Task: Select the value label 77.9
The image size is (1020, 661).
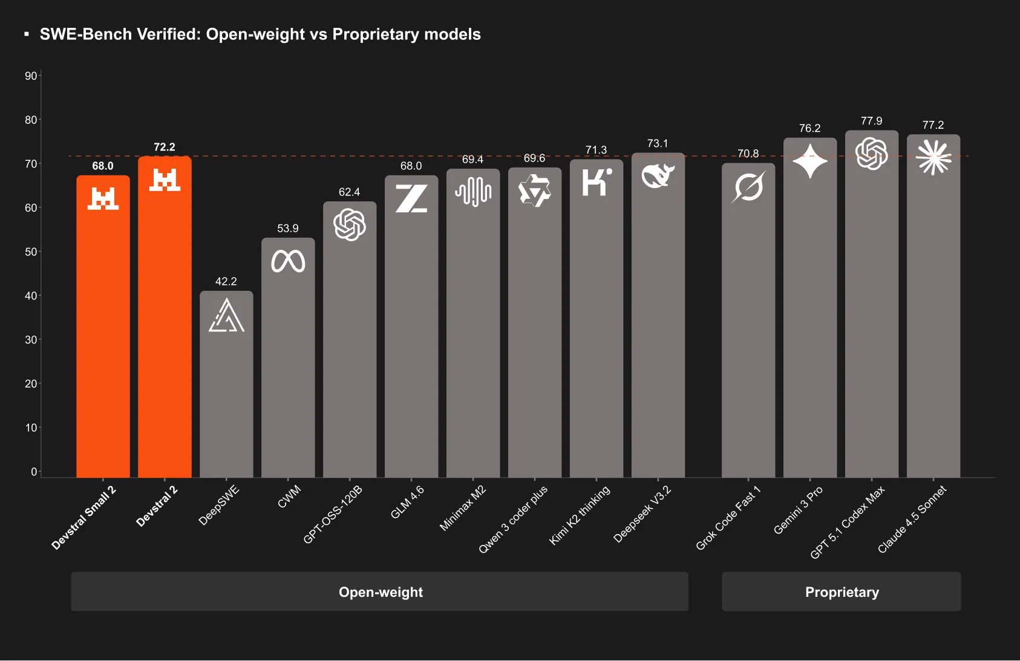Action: click(871, 121)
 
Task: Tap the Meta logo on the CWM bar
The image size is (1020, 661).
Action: click(288, 261)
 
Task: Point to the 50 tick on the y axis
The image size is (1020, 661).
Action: click(31, 252)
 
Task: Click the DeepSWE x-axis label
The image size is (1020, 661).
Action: click(219, 505)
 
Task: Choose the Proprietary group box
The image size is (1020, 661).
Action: click(841, 591)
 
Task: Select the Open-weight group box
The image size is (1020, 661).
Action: click(380, 591)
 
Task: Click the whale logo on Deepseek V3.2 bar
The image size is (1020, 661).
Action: click(658, 176)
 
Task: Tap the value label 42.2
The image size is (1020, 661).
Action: click(226, 281)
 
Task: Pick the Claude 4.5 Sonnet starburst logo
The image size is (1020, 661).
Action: click(933, 157)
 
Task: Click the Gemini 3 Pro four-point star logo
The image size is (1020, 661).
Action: click(809, 161)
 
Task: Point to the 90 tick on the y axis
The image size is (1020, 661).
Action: click(31, 76)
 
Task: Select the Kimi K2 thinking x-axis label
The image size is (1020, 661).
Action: click(580, 515)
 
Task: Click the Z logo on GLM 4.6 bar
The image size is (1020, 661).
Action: click(411, 198)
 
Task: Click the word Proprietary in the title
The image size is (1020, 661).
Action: click(375, 34)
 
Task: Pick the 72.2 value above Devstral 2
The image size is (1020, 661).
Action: click(164, 147)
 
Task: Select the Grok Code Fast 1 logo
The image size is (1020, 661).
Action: click(748, 187)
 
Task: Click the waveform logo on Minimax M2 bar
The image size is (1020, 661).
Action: click(473, 192)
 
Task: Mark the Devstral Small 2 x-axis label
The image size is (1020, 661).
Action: click(83, 518)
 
